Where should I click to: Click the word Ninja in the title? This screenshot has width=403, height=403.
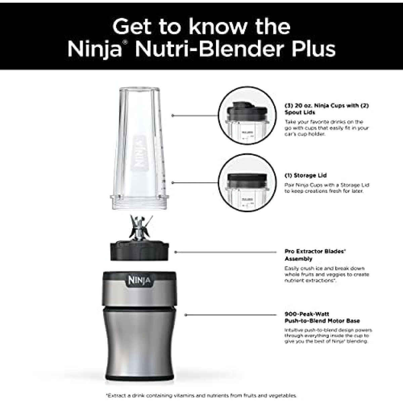pyautogui.click(x=95, y=50)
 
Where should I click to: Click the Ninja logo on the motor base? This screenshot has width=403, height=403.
pyautogui.click(x=139, y=280)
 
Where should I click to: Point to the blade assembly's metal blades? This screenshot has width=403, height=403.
pyautogui.click(x=139, y=228)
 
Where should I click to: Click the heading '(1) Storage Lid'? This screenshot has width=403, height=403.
pyautogui.click(x=306, y=175)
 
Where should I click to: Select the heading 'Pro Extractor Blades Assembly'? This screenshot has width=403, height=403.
pyautogui.click(x=315, y=255)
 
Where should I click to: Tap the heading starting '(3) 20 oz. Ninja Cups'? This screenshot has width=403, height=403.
pyautogui.click(x=326, y=109)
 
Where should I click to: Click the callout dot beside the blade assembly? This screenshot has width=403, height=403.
pyautogui.click(x=175, y=252)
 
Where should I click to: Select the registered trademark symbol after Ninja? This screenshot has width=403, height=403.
pyautogui.click(x=125, y=42)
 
